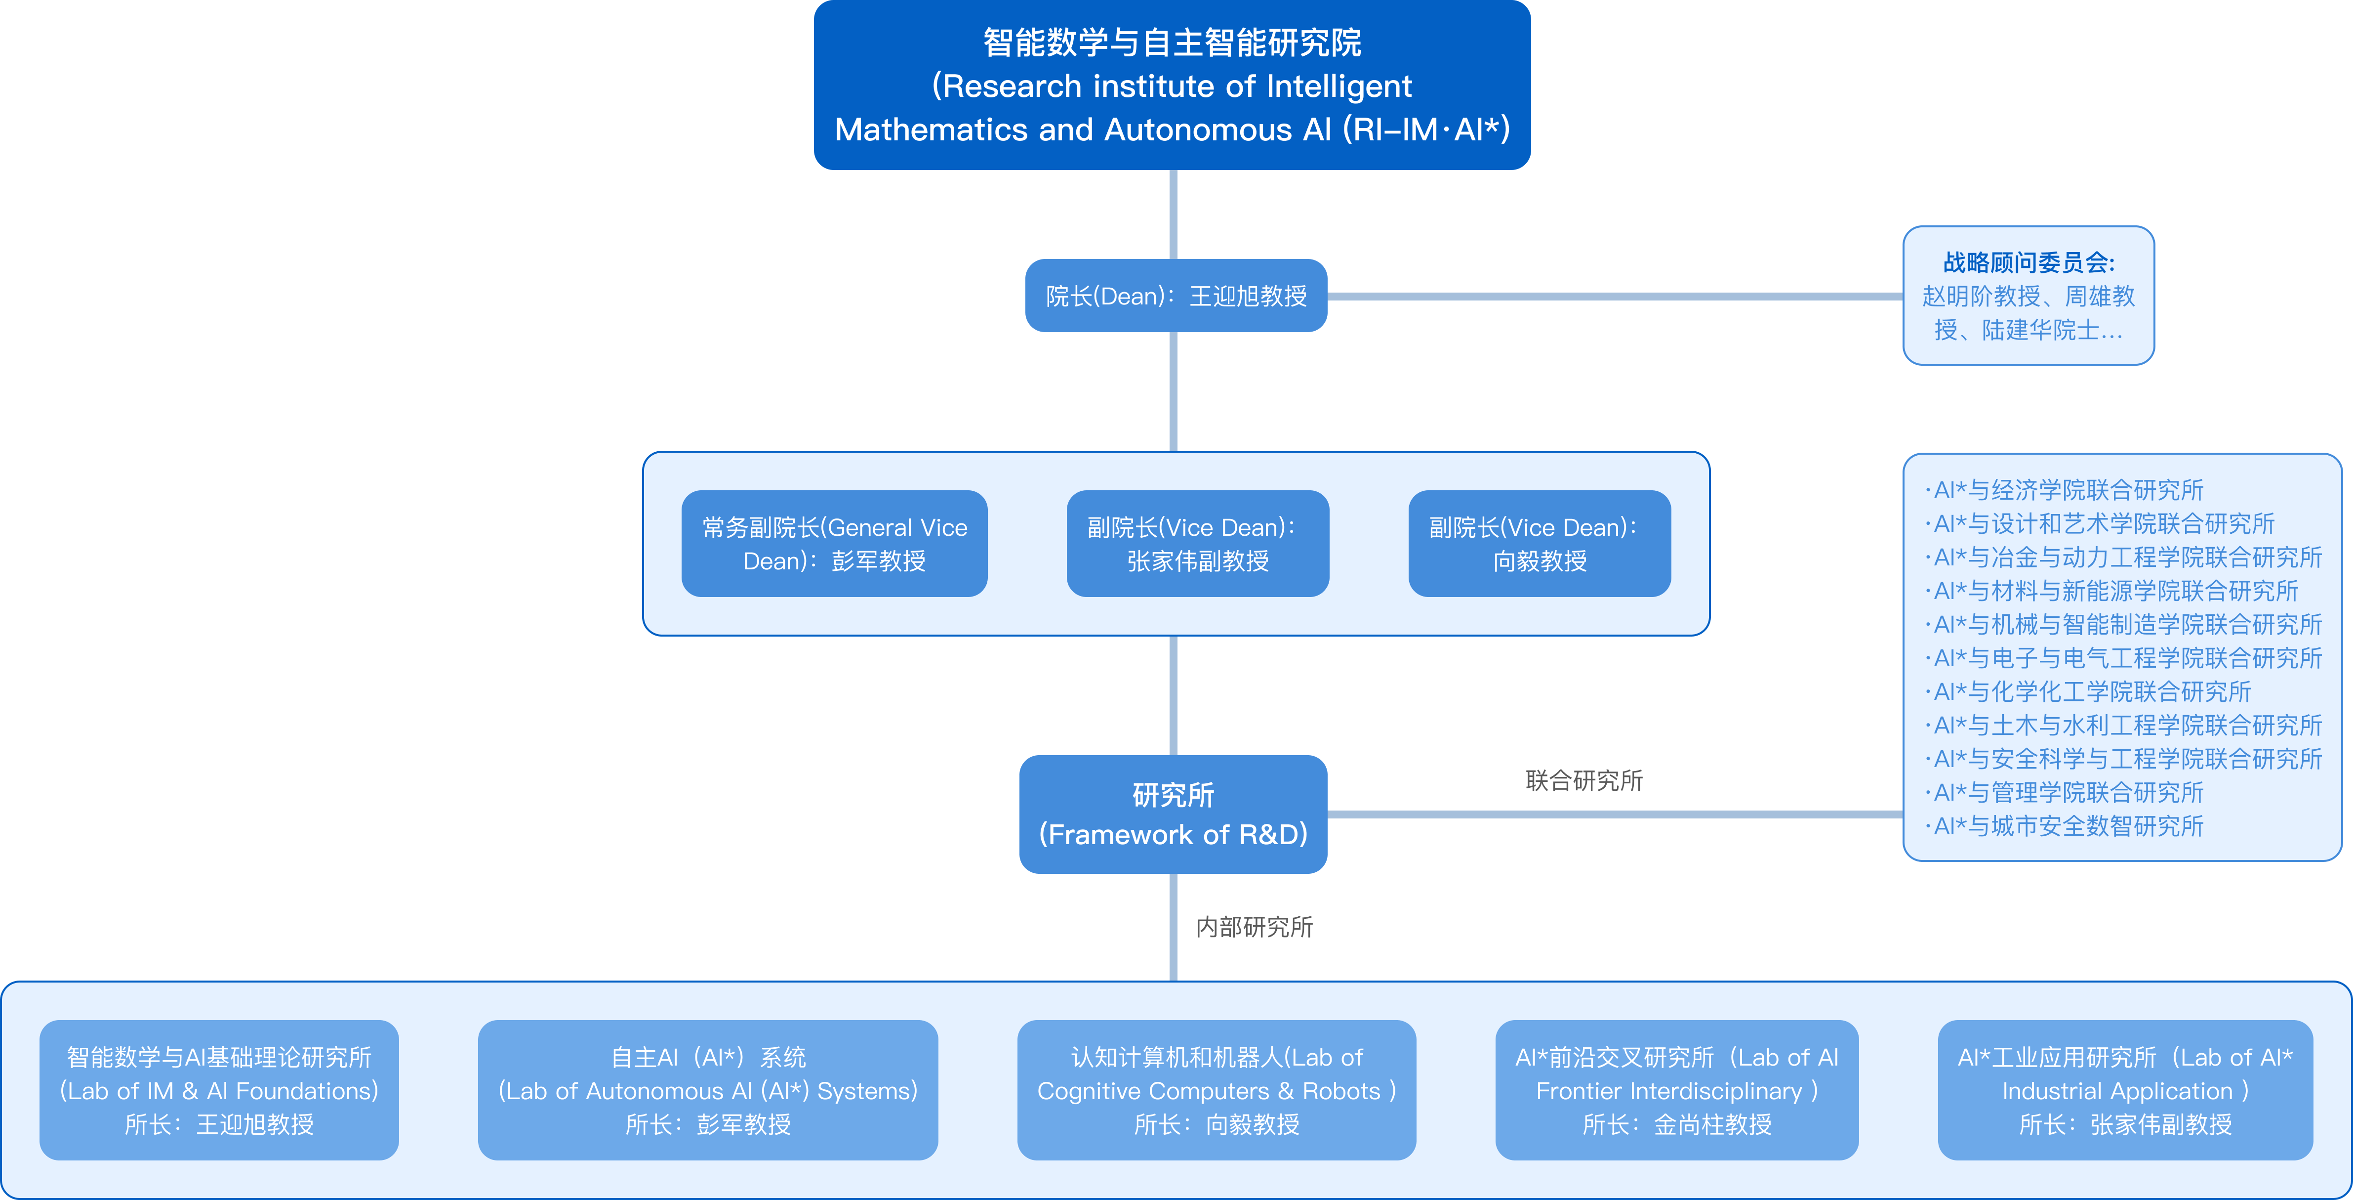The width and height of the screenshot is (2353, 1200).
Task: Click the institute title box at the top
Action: point(1172,85)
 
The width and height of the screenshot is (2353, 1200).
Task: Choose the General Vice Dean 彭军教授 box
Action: point(834,544)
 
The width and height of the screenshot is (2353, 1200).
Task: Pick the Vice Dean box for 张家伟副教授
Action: point(1198,544)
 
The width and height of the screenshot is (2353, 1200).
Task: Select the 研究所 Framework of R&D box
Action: point(1173,814)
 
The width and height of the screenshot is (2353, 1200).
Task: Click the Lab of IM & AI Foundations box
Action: point(219,1090)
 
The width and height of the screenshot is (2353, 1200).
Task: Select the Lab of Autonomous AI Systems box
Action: point(708,1090)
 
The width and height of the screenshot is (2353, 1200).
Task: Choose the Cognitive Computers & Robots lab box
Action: point(1217,1090)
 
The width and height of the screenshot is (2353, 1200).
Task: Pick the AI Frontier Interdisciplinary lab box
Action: point(1677,1090)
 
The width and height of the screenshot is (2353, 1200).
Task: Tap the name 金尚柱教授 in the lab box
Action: point(1713,1124)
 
